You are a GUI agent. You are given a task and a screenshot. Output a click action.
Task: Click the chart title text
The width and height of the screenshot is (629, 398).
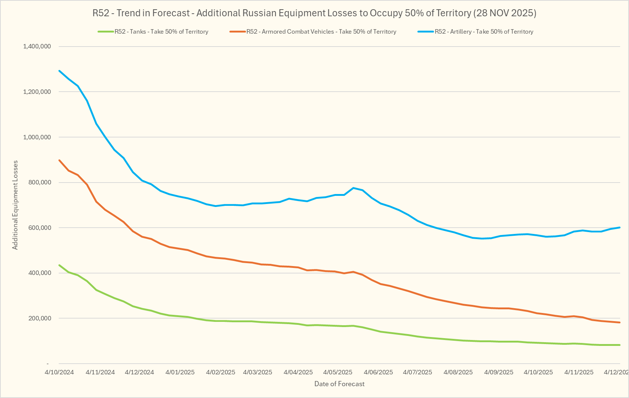(x=314, y=13)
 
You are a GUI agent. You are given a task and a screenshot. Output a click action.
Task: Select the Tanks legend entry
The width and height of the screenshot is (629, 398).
(x=161, y=32)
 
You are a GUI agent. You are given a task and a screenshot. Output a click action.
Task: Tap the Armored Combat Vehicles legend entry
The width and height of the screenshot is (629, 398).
(x=321, y=32)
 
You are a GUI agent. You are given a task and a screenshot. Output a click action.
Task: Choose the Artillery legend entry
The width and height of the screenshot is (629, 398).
(x=483, y=32)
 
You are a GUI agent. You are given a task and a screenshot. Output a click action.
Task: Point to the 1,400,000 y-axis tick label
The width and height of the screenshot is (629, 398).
(x=37, y=47)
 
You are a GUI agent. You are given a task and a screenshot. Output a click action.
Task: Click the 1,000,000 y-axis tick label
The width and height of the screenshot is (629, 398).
(x=37, y=137)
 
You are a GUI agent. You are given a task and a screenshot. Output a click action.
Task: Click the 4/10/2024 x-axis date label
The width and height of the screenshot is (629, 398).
(x=59, y=372)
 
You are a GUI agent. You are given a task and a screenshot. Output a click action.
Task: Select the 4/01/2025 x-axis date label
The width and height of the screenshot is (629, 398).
(x=180, y=372)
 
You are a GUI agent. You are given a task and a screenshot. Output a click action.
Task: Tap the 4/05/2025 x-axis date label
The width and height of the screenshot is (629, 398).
(x=338, y=372)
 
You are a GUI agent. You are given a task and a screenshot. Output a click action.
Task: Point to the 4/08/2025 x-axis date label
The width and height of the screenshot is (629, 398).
(x=458, y=372)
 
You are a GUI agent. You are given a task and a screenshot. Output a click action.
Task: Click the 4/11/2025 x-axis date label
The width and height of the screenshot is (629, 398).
(x=579, y=372)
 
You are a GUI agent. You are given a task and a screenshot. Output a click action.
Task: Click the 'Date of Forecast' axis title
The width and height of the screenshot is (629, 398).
(x=339, y=384)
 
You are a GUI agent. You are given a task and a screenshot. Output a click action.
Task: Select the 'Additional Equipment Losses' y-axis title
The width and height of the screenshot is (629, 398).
(x=15, y=205)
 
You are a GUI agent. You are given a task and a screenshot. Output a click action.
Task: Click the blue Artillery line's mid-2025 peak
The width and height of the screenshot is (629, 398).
(x=353, y=188)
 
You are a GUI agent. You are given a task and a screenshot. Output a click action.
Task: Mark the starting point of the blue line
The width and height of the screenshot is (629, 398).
(x=59, y=71)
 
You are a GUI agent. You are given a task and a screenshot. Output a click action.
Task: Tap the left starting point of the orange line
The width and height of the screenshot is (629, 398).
(x=59, y=160)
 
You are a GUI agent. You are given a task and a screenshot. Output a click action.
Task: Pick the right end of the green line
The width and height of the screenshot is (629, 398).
(x=619, y=345)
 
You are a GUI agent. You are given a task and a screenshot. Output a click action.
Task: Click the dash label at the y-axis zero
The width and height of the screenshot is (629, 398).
(x=48, y=364)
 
